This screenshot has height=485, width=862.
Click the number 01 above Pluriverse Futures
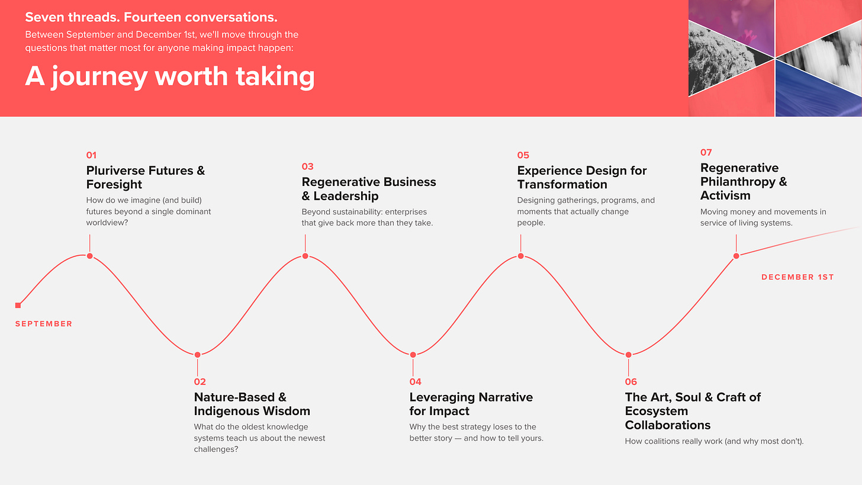coord(91,155)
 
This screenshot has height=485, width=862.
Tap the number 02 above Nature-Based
coord(200,382)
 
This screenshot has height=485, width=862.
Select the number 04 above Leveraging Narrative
coord(415,382)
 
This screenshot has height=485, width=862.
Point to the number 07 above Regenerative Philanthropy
coord(706,152)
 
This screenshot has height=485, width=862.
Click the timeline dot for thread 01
coord(89,256)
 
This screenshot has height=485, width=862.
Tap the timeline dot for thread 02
coord(197,355)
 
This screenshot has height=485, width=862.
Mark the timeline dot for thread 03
coord(305,256)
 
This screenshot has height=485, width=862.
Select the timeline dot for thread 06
coord(628,355)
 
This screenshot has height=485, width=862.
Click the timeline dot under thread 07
coord(736,256)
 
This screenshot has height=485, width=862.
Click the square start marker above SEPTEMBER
coord(18,305)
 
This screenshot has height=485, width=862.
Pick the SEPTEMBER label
coord(44,324)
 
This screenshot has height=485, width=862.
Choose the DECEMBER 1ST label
coord(797,277)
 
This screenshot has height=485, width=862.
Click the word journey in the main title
coord(100,77)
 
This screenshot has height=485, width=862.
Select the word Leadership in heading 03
coord(346,196)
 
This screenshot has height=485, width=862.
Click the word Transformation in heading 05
coord(562,184)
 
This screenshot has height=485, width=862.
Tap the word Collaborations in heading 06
coord(668,425)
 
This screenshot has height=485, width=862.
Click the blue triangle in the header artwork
coord(804,92)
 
